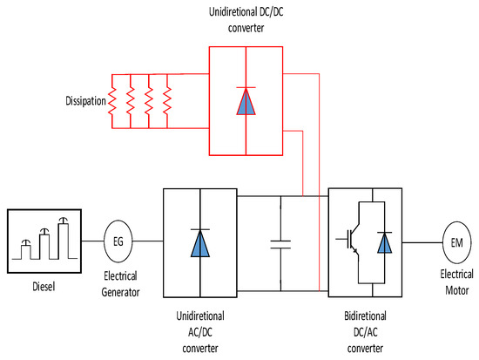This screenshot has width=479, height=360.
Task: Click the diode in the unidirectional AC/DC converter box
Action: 200,241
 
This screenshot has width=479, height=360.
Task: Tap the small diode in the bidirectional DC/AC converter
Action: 384,241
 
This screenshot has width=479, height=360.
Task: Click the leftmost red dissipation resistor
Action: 112,102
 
